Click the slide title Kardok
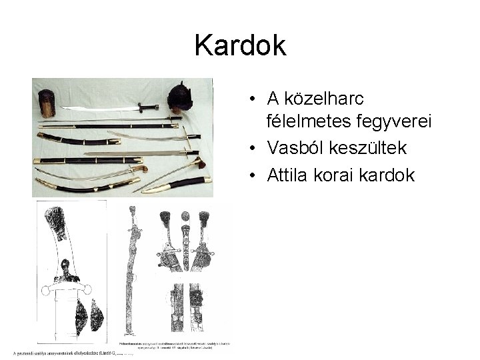pos(240,46)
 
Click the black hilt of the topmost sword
pos(148,107)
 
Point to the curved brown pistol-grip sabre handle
pos(138,169)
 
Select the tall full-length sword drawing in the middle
pos(133,273)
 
